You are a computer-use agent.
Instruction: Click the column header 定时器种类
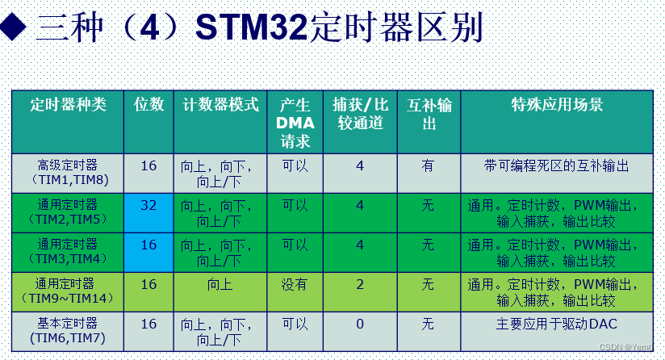pyautogui.click(x=68, y=105)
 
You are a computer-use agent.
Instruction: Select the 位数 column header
pyautogui.click(x=148, y=105)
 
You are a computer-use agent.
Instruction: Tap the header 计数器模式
pyautogui.click(x=220, y=105)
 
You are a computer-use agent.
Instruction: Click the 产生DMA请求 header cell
pyautogui.click(x=295, y=123)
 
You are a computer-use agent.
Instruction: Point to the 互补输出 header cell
pyautogui.click(x=429, y=115)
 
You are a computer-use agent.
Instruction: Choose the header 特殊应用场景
pyautogui.click(x=558, y=105)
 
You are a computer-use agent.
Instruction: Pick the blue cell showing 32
pyautogui.click(x=148, y=205)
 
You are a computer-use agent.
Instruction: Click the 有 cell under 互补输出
pyautogui.click(x=428, y=165)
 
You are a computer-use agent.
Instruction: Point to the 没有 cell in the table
pyautogui.click(x=294, y=284)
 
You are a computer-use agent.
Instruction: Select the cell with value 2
pyautogui.click(x=360, y=284)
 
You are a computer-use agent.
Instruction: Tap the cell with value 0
pyautogui.click(x=360, y=324)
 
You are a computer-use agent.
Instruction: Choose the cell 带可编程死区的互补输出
pyautogui.click(x=556, y=165)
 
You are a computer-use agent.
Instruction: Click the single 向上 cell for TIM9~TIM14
pyautogui.click(x=220, y=284)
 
